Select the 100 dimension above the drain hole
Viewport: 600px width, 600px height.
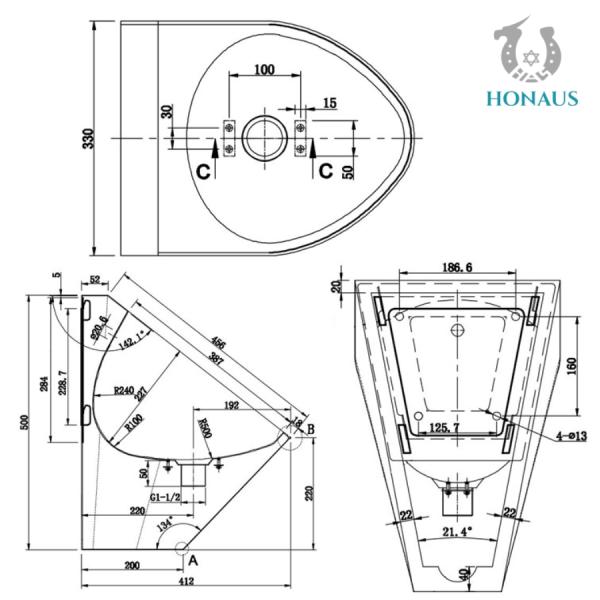pos(263,69)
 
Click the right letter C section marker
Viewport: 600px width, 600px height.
pos(326,171)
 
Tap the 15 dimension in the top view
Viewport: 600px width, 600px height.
pos(329,103)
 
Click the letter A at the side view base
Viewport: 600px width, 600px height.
pos(193,561)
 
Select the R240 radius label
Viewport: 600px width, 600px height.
pos(125,391)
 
